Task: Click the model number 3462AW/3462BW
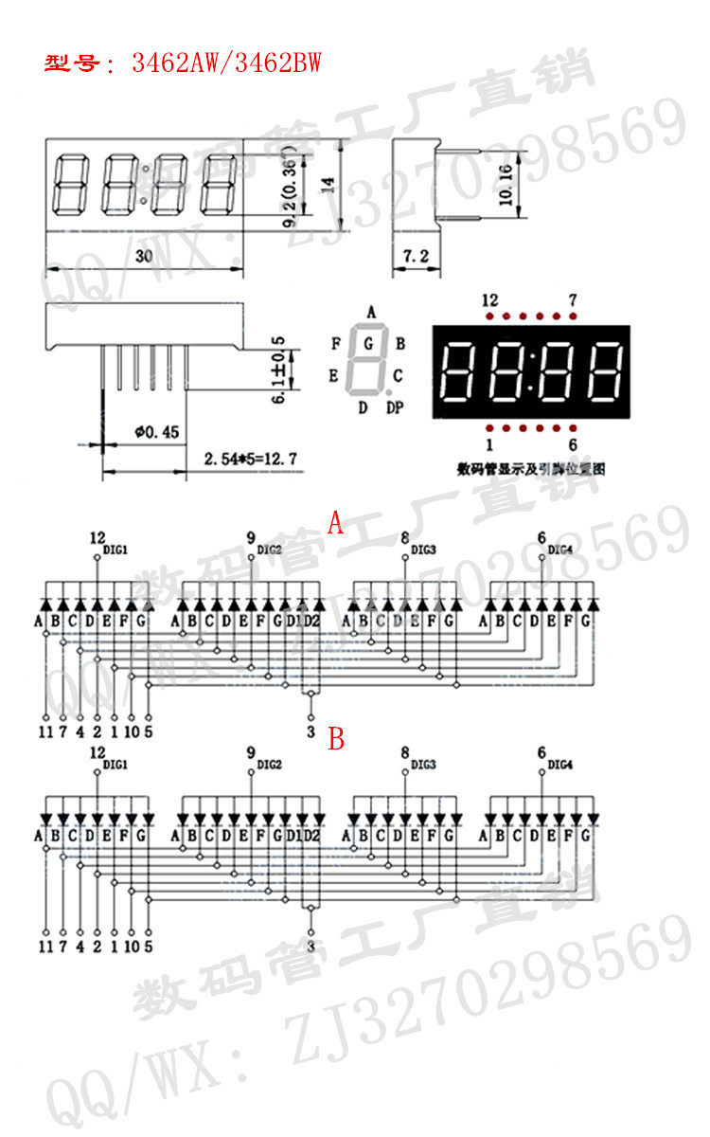[x=226, y=63]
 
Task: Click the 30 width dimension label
[x=143, y=256]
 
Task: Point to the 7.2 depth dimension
[x=417, y=257]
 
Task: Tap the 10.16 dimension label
[x=505, y=185]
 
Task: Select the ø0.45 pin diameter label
[x=157, y=431]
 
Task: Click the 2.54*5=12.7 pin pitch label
[x=250, y=460]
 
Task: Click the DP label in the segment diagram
[x=395, y=408]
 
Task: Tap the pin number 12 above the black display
[x=489, y=300]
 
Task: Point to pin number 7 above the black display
[x=573, y=300]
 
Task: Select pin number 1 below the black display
[x=489, y=444]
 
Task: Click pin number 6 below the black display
[x=573, y=444]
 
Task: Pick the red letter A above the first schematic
[x=335, y=524]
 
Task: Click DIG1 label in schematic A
[x=115, y=550]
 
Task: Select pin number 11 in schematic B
[x=44, y=946]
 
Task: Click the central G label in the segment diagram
[x=368, y=344]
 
